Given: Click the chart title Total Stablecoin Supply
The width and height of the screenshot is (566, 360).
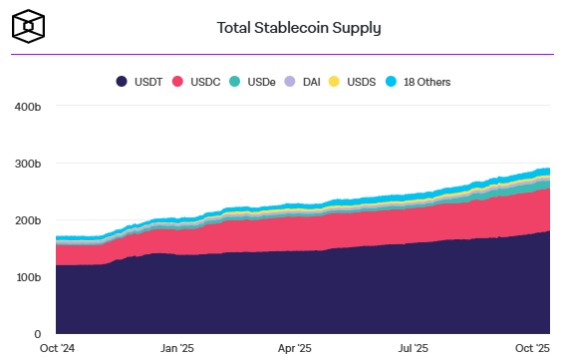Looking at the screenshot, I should coord(299,27).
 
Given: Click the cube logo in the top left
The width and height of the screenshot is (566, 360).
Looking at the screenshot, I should coord(29,26).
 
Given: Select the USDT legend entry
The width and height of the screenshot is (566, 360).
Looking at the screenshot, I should coord(141,81).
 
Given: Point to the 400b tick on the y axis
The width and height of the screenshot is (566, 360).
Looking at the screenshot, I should coord(27,106).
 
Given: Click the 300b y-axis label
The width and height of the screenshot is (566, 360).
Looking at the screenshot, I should coord(27,164).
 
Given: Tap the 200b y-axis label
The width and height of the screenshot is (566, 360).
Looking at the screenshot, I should coord(27,220).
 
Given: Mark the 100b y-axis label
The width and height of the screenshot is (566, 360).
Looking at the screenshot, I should coord(27,277).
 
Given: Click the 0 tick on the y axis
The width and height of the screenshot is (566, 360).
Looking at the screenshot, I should coord(37,334).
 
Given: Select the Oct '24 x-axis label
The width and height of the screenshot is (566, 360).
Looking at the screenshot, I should coord(56,348).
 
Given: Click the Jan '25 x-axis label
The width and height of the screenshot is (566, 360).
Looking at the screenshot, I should coord(176,348).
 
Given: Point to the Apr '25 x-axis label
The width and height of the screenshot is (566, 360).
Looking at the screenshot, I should coord(295,348).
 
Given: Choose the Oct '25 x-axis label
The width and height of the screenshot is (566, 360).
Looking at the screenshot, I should coord(531,348).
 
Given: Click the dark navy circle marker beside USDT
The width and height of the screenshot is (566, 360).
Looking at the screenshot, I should coord(122,81).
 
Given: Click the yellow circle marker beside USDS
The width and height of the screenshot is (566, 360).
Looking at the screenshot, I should coord(335,81).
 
